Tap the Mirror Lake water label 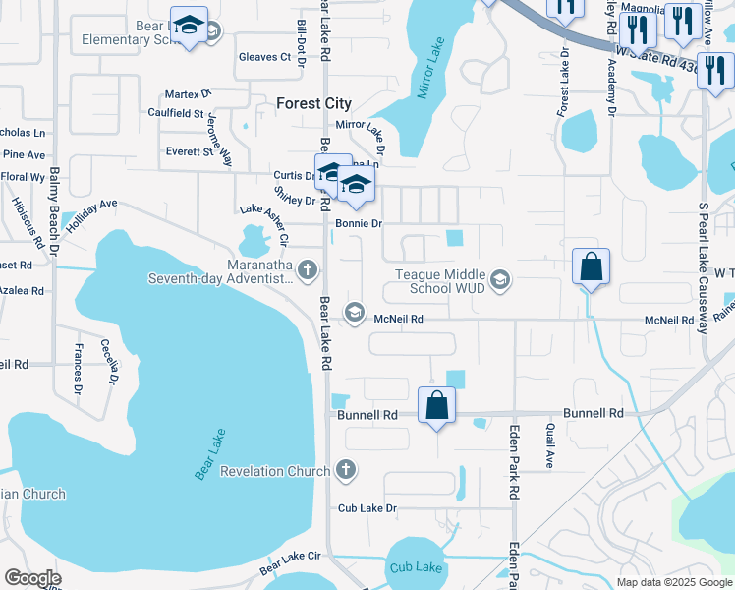pos(431,70)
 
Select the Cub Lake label pos(416,567)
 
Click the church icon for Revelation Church pos(345,471)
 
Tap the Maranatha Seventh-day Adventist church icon pos(308,268)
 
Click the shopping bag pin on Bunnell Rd pos(436,404)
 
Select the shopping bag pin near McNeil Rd pos(591,266)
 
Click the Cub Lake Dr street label pos(367,508)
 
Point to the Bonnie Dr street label pos(358,224)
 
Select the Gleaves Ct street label pos(265,57)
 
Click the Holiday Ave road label pos(92,210)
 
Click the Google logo pos(32,578)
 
